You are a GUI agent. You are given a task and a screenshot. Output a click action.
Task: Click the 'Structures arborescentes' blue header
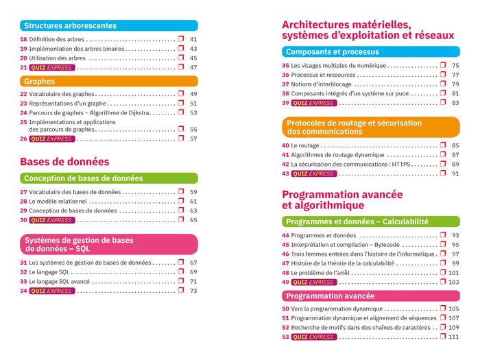[x=70, y=25]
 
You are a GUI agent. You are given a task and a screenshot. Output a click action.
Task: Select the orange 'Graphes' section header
[x=40, y=80]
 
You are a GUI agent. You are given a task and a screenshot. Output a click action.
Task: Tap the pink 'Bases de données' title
[x=64, y=162]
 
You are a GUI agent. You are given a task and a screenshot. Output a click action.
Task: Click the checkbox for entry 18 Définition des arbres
[x=181, y=39]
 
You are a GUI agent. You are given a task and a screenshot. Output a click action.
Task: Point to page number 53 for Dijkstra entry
[x=193, y=112]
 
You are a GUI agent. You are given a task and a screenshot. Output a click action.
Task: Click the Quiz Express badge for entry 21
[x=52, y=67]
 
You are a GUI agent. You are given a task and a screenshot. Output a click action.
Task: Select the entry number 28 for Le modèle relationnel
[x=23, y=202]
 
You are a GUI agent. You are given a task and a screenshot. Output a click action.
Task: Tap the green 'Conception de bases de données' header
[x=83, y=178]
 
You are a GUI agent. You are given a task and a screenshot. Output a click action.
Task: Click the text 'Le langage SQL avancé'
[x=59, y=281]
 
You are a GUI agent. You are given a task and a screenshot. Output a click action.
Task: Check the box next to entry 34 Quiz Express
[x=181, y=290]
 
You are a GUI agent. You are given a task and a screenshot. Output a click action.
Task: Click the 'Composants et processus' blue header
[x=332, y=51]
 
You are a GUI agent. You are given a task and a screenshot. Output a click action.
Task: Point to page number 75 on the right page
[x=455, y=66]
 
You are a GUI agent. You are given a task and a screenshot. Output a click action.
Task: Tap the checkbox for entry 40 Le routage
[x=443, y=145]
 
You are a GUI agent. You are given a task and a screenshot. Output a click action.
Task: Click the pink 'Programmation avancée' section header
[x=330, y=296]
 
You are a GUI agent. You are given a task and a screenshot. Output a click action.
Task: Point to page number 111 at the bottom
[x=453, y=337]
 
